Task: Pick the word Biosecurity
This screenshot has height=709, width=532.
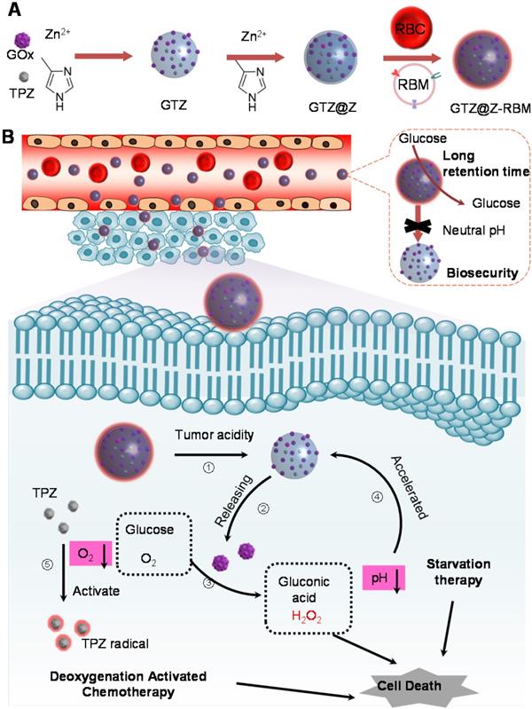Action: [468, 272]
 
